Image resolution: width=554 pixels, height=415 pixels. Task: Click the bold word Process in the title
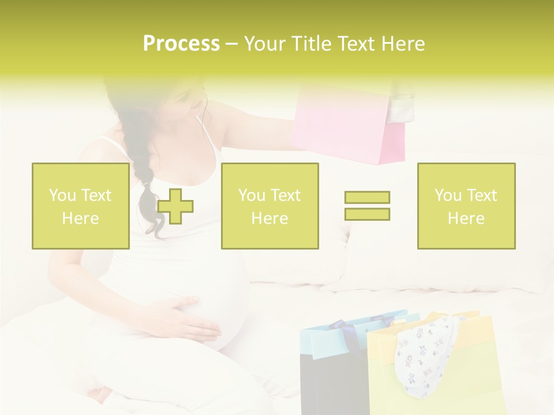(181, 44)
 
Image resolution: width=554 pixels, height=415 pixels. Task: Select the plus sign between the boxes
(175, 206)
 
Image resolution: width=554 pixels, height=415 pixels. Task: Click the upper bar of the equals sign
(367, 197)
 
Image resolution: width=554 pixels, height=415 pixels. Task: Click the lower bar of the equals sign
(367, 214)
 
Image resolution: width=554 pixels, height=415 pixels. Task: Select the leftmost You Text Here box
(80, 206)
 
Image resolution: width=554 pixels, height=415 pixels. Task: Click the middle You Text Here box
(269, 206)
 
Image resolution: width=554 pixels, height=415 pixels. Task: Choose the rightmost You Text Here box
(466, 206)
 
